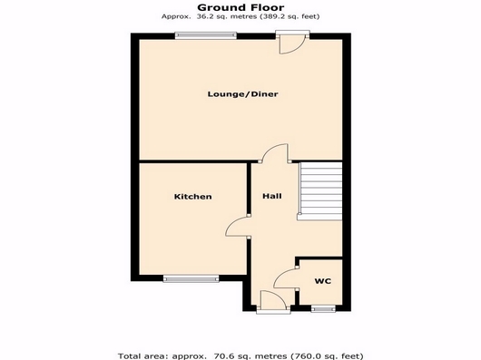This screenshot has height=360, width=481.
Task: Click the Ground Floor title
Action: [240, 7]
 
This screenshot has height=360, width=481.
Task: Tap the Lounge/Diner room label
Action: [243, 94]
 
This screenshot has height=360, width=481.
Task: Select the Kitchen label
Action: [193, 197]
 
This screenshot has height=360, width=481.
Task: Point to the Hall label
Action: [272, 196]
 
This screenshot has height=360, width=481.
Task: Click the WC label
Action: [323, 281]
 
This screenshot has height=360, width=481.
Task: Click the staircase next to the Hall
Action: [320, 190]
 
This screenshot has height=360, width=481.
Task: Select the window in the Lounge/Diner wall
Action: [206, 35]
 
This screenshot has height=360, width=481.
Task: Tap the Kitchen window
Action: [191, 278]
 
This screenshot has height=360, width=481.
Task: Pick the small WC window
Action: [323, 309]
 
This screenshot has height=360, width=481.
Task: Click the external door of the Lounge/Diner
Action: [292, 42]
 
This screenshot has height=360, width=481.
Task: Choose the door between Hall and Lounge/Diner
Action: [275, 153]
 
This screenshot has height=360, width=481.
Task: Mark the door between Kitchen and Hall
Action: [238, 227]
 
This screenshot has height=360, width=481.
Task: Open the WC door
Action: [286, 278]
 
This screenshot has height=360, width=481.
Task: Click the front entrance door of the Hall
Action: [273, 302]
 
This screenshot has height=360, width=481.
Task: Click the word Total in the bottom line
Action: [128, 356]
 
